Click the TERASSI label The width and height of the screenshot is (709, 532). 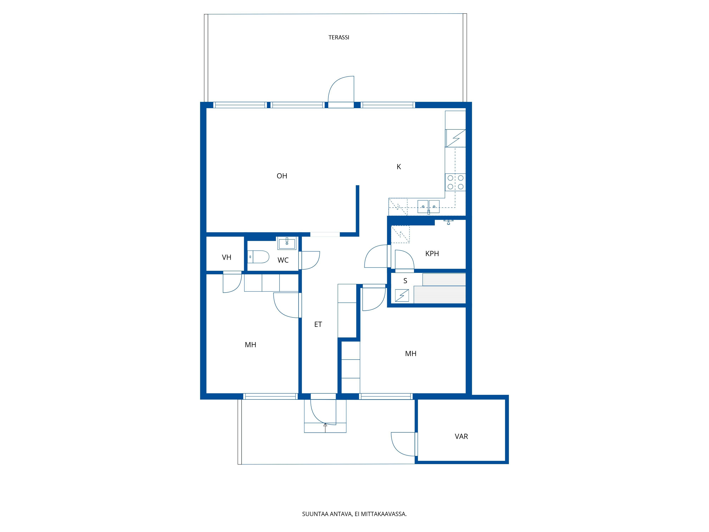click(339, 38)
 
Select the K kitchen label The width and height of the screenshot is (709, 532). click(399, 167)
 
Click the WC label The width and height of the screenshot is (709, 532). click(283, 260)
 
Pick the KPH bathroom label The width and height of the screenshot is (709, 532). click(432, 254)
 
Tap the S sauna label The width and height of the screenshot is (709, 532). click(405, 281)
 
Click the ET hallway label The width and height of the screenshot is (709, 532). click(318, 325)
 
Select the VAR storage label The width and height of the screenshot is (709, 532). click(461, 436)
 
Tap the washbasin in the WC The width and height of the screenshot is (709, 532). click(287, 243)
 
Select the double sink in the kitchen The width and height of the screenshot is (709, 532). click(429, 207)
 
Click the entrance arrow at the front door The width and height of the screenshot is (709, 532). click(325, 427)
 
